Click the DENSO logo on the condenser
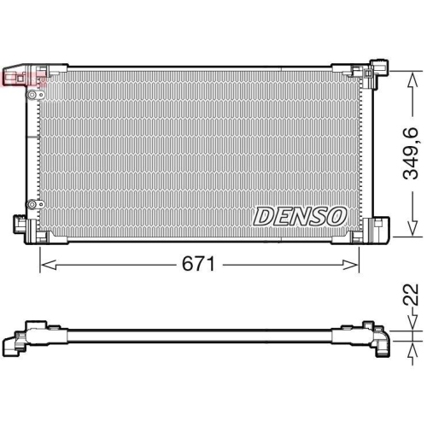tap(300, 217)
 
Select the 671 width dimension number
tap(198, 264)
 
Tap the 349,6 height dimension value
tap(412, 154)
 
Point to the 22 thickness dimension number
tap(412, 295)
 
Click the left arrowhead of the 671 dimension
tap(49, 265)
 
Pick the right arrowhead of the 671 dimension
tap(350, 265)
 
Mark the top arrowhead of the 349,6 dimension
tap(412, 79)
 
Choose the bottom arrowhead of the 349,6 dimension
tap(412, 228)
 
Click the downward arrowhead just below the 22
tap(412, 323)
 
